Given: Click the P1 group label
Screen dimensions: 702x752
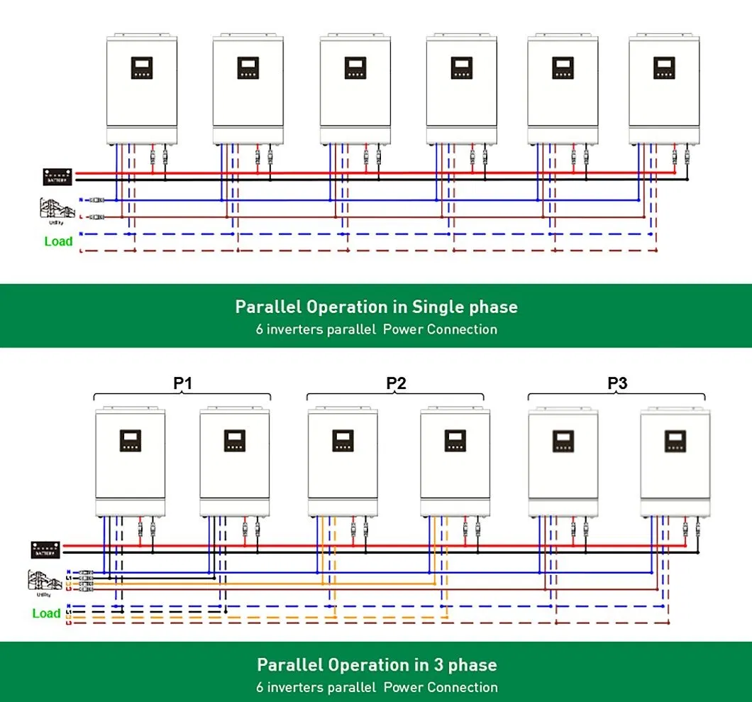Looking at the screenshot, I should pos(183,383).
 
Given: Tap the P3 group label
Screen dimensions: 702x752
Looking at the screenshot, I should pos(617,383).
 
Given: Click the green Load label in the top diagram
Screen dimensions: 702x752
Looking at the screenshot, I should pos(58,241).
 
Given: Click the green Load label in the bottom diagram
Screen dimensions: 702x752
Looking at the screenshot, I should pos(46,613).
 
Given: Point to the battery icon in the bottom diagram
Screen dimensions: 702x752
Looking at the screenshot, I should pos(44,549).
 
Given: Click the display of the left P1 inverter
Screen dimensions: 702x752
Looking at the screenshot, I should pos(131,441).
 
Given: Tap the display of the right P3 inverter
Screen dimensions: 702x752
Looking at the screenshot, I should pos(675,441).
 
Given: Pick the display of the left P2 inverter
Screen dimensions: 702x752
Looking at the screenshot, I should pos(343,441).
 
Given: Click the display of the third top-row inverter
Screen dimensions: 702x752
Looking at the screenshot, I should pos(355,67).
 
